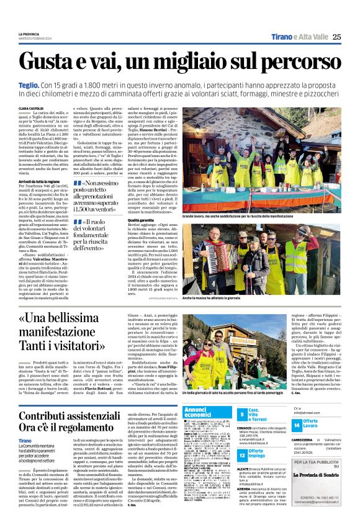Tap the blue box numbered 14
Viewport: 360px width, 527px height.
click(297, 425)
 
